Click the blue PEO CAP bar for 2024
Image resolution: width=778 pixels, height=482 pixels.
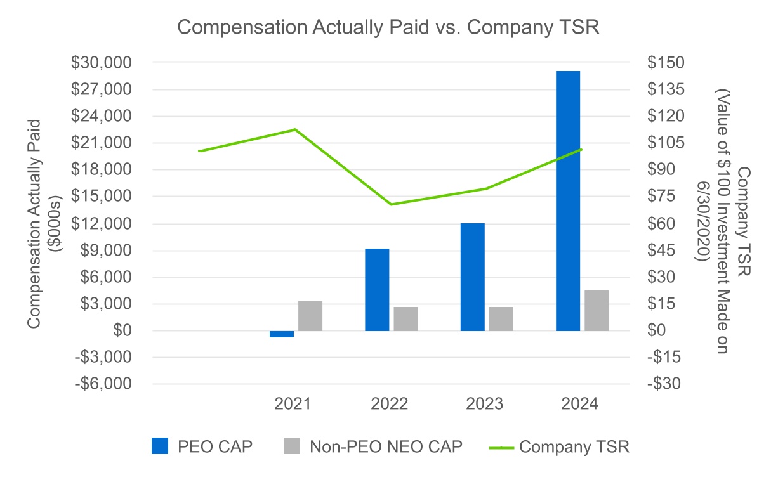[568, 200]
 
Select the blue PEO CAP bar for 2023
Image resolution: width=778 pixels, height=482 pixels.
[473, 277]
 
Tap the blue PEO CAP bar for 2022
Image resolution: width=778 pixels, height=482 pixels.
[377, 289]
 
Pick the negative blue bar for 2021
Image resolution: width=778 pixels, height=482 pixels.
[282, 334]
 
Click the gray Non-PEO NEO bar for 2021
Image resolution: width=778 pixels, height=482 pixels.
[310, 315]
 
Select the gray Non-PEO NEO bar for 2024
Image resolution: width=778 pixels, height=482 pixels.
[597, 310]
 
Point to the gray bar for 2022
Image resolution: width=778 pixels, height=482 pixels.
[405, 318]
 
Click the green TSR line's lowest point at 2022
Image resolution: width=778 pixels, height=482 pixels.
[391, 204]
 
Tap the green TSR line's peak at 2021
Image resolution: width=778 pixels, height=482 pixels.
[295, 129]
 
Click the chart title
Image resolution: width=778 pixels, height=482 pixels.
[389, 27]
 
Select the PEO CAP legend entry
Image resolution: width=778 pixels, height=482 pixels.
[202, 446]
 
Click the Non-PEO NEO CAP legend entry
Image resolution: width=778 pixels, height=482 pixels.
[373, 446]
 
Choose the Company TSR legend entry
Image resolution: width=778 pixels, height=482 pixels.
[559, 446]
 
